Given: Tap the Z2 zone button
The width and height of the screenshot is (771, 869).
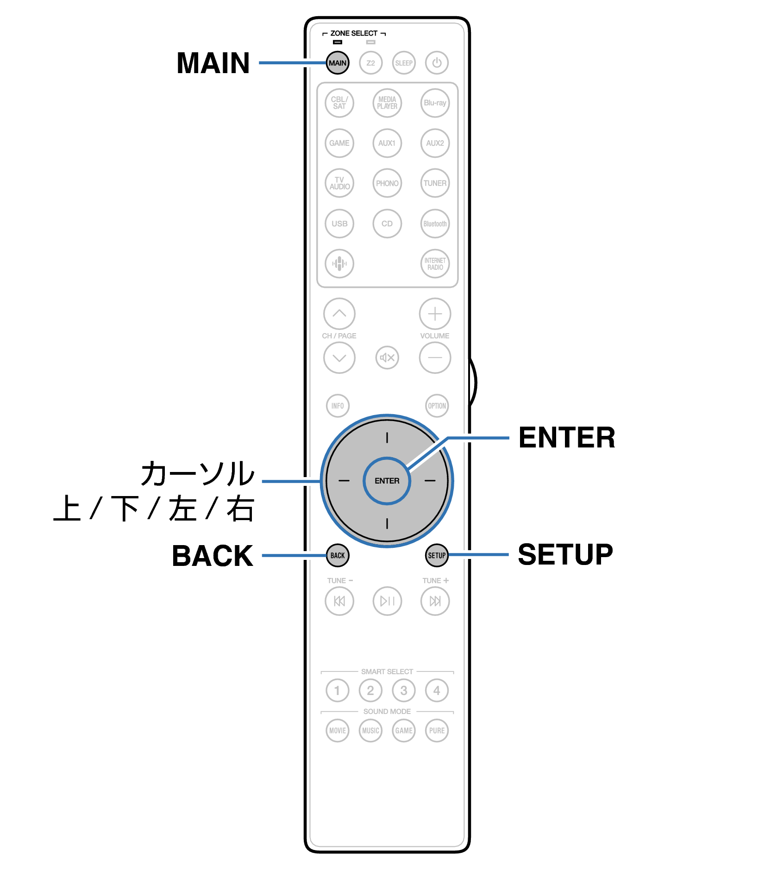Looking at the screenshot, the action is tap(370, 63).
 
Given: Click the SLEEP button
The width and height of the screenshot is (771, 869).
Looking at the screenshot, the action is tap(404, 63).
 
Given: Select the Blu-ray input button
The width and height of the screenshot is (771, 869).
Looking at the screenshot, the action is tap(435, 103).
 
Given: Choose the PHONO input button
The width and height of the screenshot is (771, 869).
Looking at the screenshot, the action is tap(387, 183).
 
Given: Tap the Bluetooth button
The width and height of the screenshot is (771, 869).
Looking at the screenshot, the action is tap(435, 223).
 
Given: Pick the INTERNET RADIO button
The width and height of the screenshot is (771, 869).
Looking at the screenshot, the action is tap(435, 264).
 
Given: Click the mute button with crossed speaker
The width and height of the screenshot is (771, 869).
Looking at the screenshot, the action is tap(387, 358).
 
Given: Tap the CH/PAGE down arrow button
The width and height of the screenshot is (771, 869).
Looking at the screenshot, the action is tap(339, 358).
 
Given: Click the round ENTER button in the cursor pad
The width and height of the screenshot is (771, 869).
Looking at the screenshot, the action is tap(387, 481).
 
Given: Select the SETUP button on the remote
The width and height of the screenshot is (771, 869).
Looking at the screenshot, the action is tap(437, 555).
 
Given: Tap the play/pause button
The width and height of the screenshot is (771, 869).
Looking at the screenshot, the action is tap(387, 601).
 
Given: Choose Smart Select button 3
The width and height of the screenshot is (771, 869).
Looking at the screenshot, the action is tap(404, 690).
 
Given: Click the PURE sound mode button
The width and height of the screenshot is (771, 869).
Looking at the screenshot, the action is tap(437, 731).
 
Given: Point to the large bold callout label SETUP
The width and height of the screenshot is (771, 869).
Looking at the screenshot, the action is tap(565, 554).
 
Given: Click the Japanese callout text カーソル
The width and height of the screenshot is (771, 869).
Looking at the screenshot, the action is tap(198, 473).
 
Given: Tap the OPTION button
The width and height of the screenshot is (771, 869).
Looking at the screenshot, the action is tap(437, 406).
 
